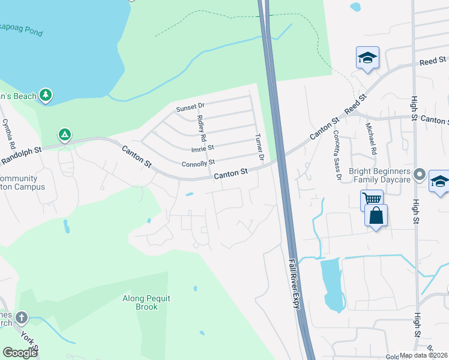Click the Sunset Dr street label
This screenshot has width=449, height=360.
click(x=190, y=108)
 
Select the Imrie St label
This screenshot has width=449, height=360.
click(x=202, y=149)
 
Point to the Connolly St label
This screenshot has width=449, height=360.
click(x=198, y=163)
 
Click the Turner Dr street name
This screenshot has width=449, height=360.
click(x=260, y=149)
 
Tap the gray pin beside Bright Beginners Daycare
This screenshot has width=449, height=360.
click(x=420, y=175)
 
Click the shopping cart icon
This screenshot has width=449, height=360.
click(x=372, y=198)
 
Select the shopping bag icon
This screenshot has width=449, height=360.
click(x=376, y=215)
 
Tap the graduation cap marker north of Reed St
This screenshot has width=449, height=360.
click(x=367, y=58)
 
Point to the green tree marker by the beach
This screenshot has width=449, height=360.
click(x=46, y=95)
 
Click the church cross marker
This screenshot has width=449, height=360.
click(x=22, y=317)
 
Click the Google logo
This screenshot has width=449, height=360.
click(x=20, y=352)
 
